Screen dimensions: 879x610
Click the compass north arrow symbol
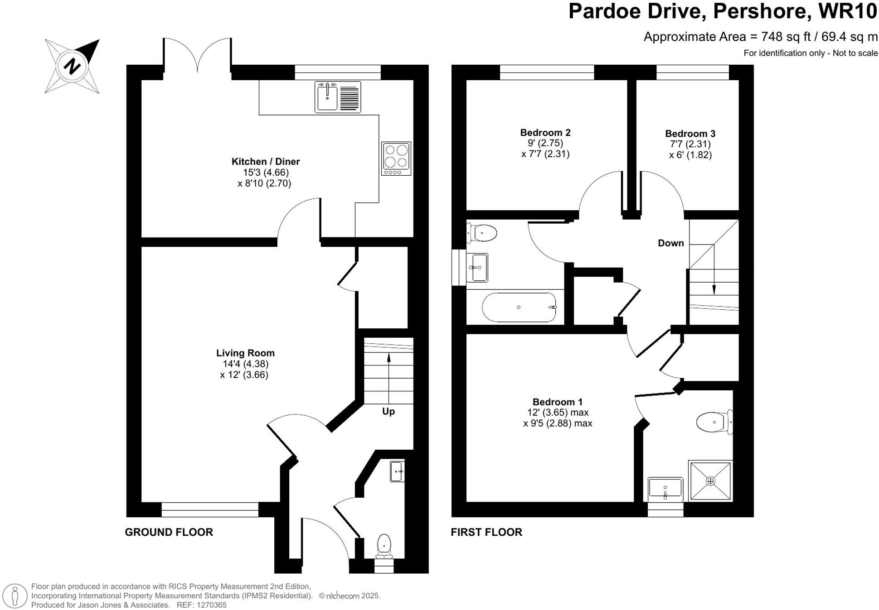72,66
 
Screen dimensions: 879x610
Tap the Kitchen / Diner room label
266,161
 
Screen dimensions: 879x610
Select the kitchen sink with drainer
338,97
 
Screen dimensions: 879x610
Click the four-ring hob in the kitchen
396,159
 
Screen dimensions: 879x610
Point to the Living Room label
245,353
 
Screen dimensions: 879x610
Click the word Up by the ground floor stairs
389,411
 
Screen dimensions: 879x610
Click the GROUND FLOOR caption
169,532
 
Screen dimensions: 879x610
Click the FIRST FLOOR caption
486,532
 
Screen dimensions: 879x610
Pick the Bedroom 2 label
545,133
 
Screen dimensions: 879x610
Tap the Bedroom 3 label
690,134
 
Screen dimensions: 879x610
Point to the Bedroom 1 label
558,402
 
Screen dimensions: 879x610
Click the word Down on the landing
671,243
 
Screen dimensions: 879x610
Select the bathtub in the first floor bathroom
520,307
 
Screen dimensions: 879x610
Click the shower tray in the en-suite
710,481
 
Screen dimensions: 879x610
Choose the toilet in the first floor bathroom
482,233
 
